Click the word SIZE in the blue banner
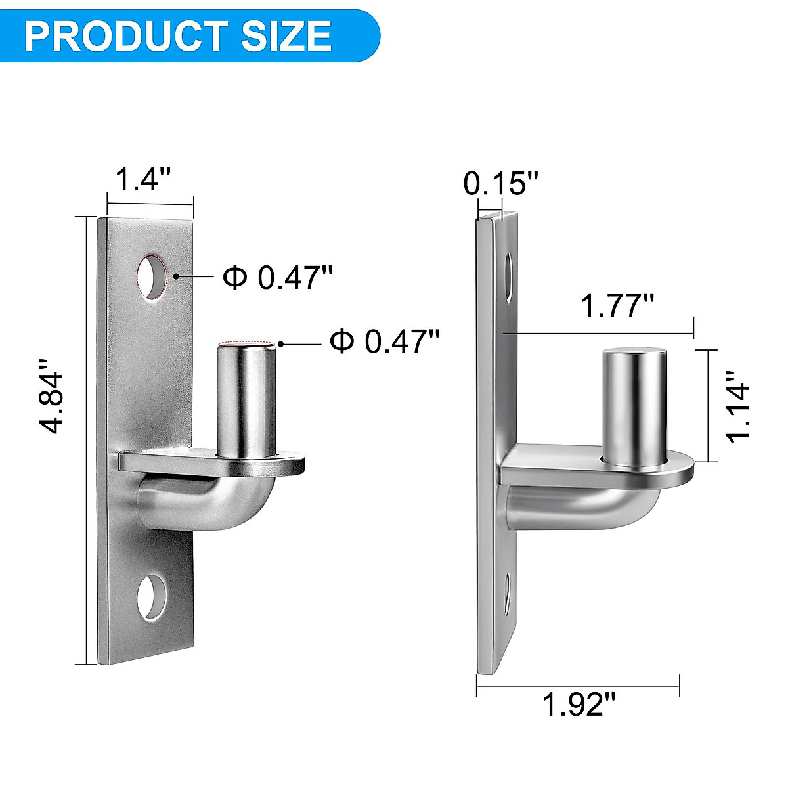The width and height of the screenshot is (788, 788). (286, 35)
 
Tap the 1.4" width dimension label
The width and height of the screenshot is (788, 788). (144, 179)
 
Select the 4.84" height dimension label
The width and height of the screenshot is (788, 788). (52, 394)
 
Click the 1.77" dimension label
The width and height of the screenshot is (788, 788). (617, 306)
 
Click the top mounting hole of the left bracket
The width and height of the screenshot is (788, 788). (152, 277)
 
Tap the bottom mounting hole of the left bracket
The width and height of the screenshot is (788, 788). (152, 598)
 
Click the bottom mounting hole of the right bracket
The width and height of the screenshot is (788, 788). (508, 594)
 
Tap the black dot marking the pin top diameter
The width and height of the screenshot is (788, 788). (280, 343)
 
